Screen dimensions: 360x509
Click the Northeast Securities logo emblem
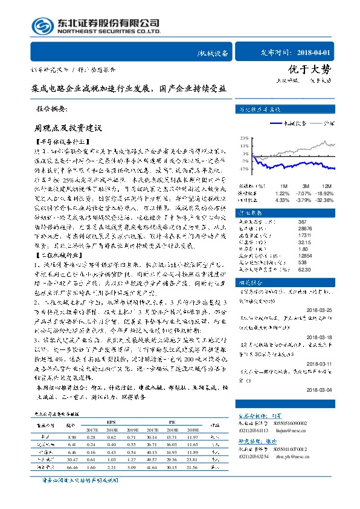pos(40,26)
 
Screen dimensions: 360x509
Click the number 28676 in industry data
pos(288,229)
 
